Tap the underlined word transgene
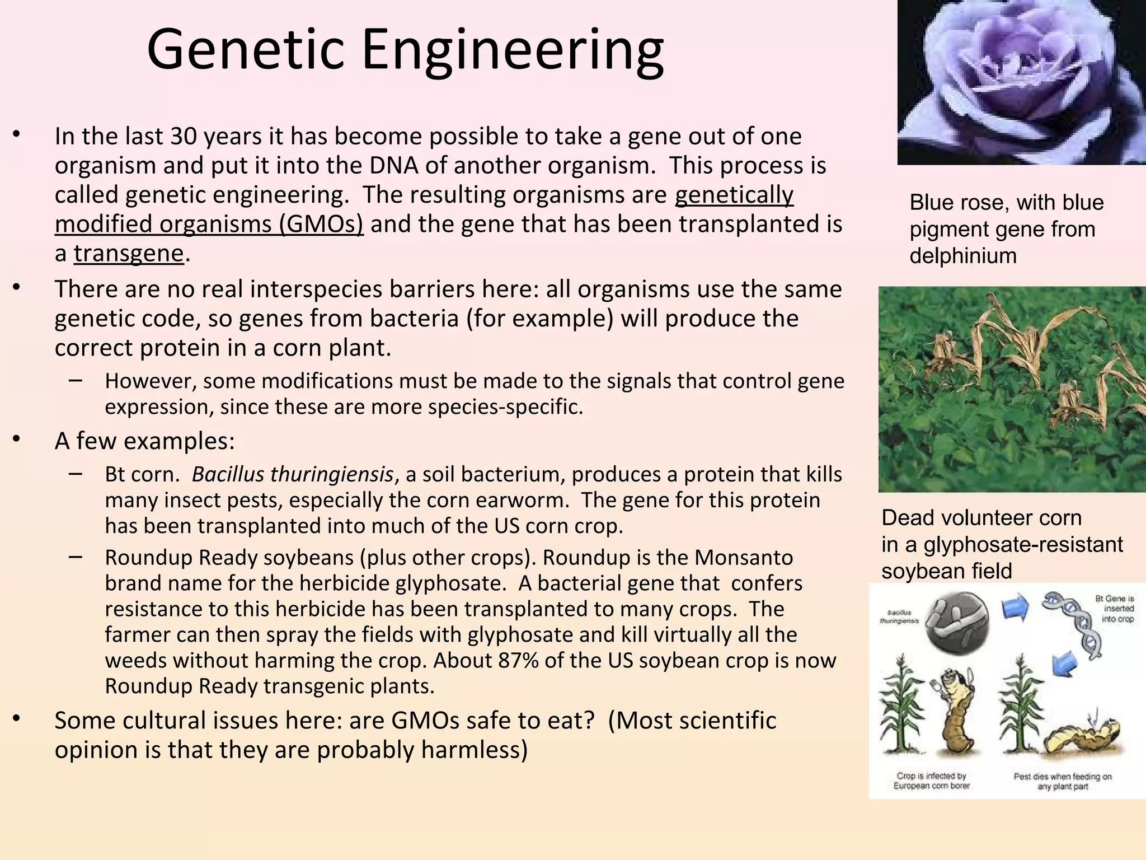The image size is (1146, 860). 129,253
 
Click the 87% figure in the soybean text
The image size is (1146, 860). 518,660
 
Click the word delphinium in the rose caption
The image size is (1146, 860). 962,256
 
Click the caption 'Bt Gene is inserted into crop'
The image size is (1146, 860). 1116,609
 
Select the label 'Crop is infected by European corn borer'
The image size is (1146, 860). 931,780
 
